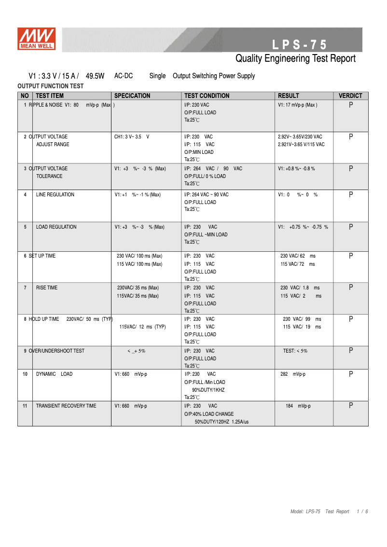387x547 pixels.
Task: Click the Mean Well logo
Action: pos(37,39)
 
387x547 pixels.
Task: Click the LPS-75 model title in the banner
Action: pos(299,45)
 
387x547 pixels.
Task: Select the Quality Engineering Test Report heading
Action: pos(295,59)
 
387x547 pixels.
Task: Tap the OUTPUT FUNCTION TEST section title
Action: pos(50,86)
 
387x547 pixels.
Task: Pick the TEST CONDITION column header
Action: pos(207,96)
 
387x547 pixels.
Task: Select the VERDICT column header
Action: pos(350,96)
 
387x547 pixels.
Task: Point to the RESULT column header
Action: pos(289,96)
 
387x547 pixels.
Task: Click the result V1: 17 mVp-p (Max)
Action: pos(298,105)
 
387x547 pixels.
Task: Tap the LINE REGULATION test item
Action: pos(55,195)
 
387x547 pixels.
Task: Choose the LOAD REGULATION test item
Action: pos(56,227)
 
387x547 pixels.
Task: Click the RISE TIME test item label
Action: pos(46,288)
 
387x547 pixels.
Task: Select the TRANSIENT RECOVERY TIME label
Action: pos(66,406)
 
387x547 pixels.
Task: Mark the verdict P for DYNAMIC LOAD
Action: pos(351,374)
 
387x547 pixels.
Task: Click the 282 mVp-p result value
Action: pos(293,374)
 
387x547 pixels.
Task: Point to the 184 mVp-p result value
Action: pos(298,406)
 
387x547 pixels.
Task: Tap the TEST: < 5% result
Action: pos(295,351)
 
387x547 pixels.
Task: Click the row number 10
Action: pos(25,374)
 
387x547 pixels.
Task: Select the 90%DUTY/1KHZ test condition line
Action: pos(208,390)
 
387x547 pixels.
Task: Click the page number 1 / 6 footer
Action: pos(362,511)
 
